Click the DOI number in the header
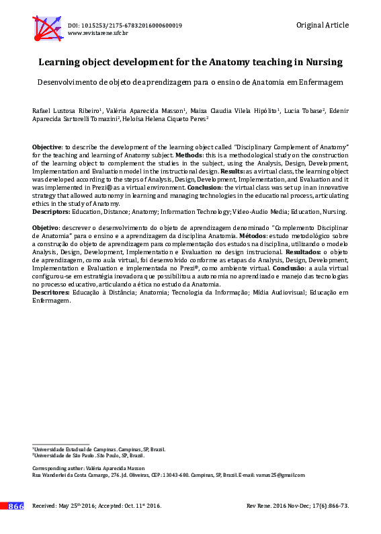pos(125,26)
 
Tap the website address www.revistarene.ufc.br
pos(98,33)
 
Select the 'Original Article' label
pos(322,25)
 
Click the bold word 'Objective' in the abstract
pos(47,146)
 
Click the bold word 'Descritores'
pos(50,293)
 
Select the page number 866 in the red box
pos(15,506)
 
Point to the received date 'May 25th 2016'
pos(80,506)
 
